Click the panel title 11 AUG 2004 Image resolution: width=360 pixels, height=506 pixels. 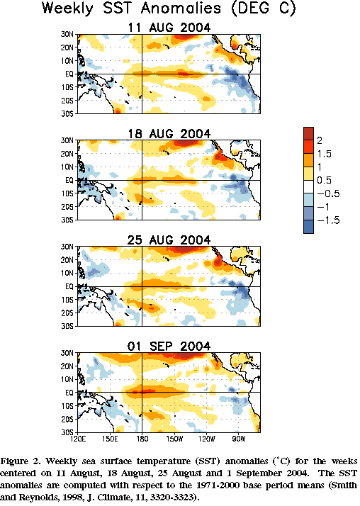pyautogui.click(x=169, y=28)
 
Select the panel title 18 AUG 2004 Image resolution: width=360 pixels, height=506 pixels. pyautogui.click(x=169, y=134)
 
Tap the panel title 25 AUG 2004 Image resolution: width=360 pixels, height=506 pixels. pyautogui.click(x=169, y=240)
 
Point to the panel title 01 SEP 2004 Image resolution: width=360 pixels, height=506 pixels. pyautogui.click(x=169, y=347)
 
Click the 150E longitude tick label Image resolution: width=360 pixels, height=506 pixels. pyautogui.click(x=110, y=439)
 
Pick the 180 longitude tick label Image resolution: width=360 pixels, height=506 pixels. pyautogui.click(x=142, y=439)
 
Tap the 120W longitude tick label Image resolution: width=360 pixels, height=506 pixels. pyautogui.click(x=206, y=439)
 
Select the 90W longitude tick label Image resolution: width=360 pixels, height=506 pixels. pyautogui.click(x=239, y=439)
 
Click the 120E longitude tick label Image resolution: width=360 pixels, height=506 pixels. pyautogui.click(x=78, y=439)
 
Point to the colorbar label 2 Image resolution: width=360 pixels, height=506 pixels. pyautogui.click(x=320, y=141)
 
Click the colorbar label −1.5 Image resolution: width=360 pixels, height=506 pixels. pyautogui.click(x=328, y=220)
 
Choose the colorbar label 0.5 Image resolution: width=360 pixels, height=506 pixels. pyautogui.click(x=324, y=181)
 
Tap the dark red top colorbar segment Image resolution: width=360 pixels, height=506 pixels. pyautogui.click(x=308, y=134)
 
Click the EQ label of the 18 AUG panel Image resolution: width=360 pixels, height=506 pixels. pyautogui.click(x=69, y=181)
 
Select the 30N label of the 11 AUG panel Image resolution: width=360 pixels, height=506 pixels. pyautogui.click(x=67, y=34)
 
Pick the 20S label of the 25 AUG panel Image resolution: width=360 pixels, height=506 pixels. pyautogui.click(x=67, y=313)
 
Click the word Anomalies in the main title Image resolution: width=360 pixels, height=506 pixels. pyautogui.click(x=181, y=9)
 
